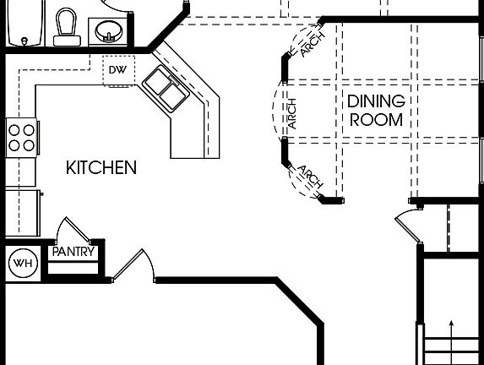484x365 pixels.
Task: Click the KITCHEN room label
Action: click(101, 168)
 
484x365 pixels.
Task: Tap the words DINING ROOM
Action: click(375, 111)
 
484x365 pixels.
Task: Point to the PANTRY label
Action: click(73, 252)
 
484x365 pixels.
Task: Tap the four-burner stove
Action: click(22, 138)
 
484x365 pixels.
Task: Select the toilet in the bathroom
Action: click(65, 26)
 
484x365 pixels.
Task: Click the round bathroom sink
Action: click(107, 32)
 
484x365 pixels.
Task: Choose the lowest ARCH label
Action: click(309, 178)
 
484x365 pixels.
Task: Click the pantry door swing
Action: click(75, 231)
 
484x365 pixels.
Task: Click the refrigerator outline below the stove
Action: click(24, 211)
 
